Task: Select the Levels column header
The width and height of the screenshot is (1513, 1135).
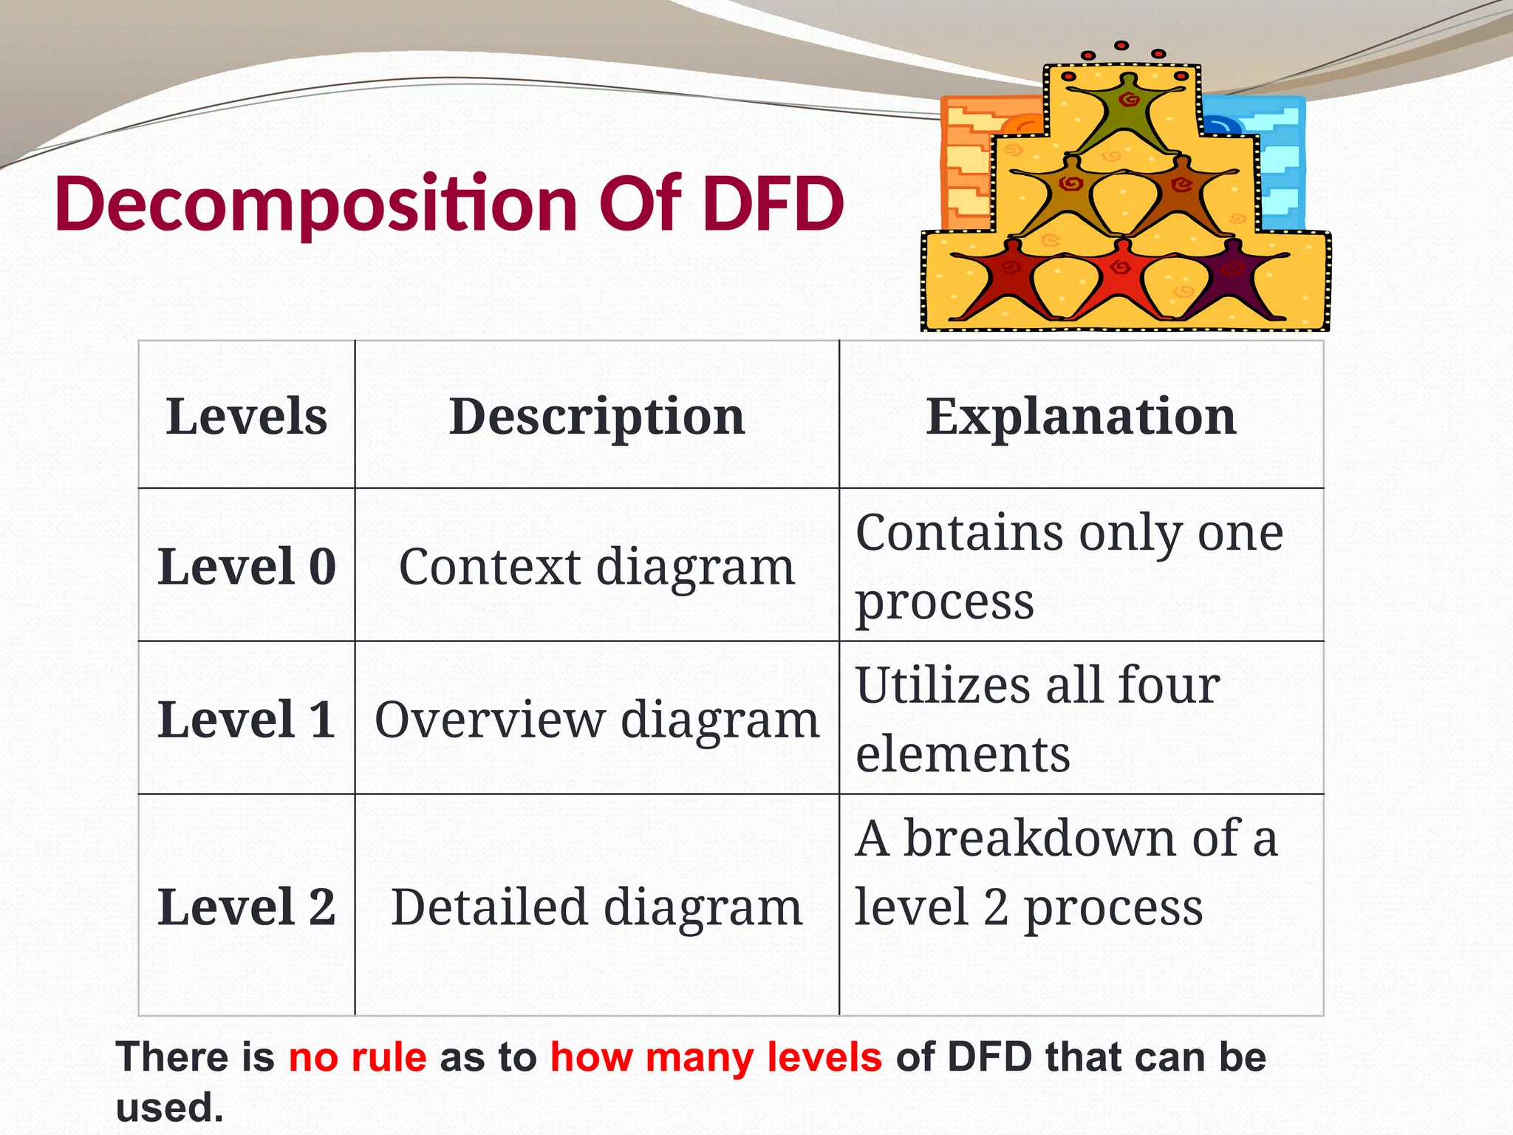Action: pyautogui.click(x=247, y=416)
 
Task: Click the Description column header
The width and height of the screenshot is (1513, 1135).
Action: pyautogui.click(x=597, y=416)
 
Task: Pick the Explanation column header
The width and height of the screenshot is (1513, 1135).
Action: pyautogui.click(x=1081, y=416)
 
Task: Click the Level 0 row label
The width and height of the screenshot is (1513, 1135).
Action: pyautogui.click(x=247, y=567)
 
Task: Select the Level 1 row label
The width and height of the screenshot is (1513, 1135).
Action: pyautogui.click(x=247, y=719)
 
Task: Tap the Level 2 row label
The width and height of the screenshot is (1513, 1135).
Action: pyautogui.click(x=247, y=907)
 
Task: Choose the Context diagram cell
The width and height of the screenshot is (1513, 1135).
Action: pyautogui.click(x=597, y=567)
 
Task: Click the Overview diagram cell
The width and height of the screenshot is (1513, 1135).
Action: pyautogui.click(x=597, y=719)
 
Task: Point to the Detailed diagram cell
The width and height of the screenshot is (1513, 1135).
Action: pyautogui.click(x=597, y=907)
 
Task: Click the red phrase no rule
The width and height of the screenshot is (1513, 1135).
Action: pyautogui.click(x=358, y=1057)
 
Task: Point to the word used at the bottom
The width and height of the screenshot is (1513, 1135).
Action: pyautogui.click(x=169, y=1107)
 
